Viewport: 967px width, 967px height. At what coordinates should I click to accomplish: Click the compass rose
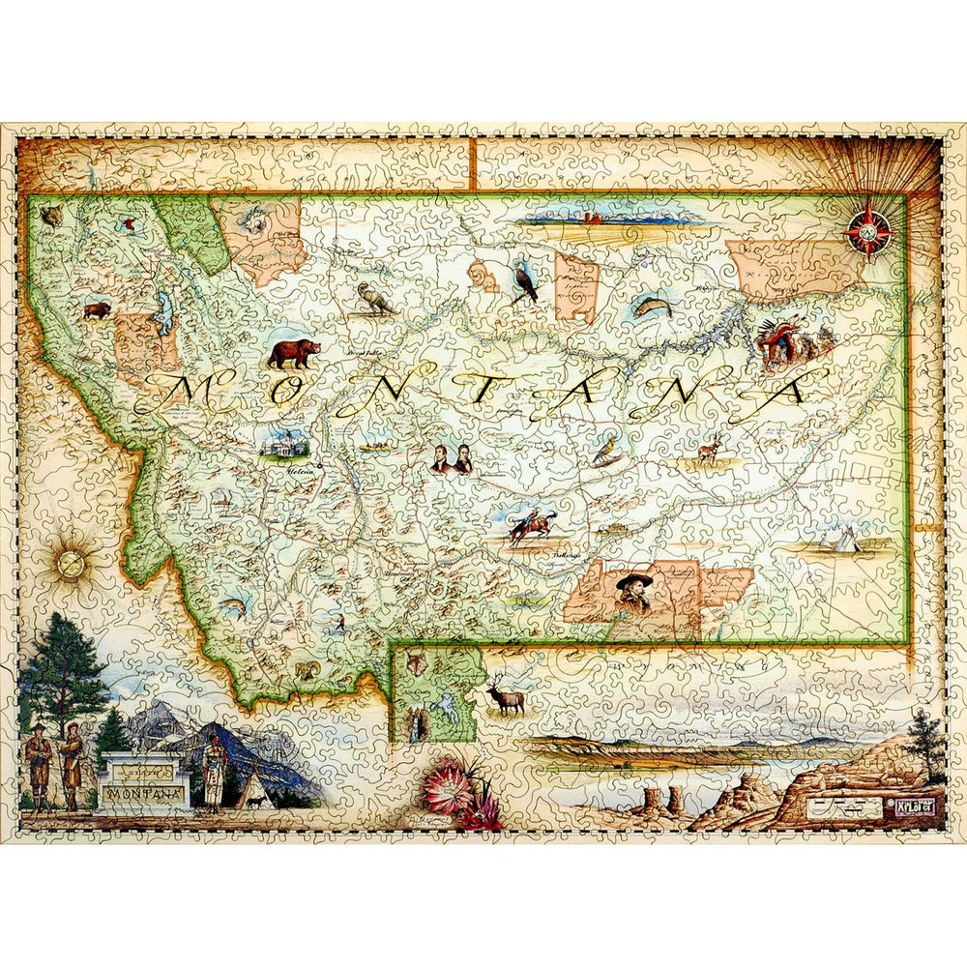(867, 230)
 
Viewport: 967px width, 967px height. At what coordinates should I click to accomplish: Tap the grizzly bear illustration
(292, 353)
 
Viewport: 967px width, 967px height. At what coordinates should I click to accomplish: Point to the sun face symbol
(70, 562)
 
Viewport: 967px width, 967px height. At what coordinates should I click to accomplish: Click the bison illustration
(97, 310)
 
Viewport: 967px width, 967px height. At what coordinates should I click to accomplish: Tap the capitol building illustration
(286, 445)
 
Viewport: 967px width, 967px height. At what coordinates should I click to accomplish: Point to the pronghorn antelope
(712, 450)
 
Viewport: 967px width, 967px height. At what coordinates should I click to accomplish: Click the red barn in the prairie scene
(593, 219)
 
